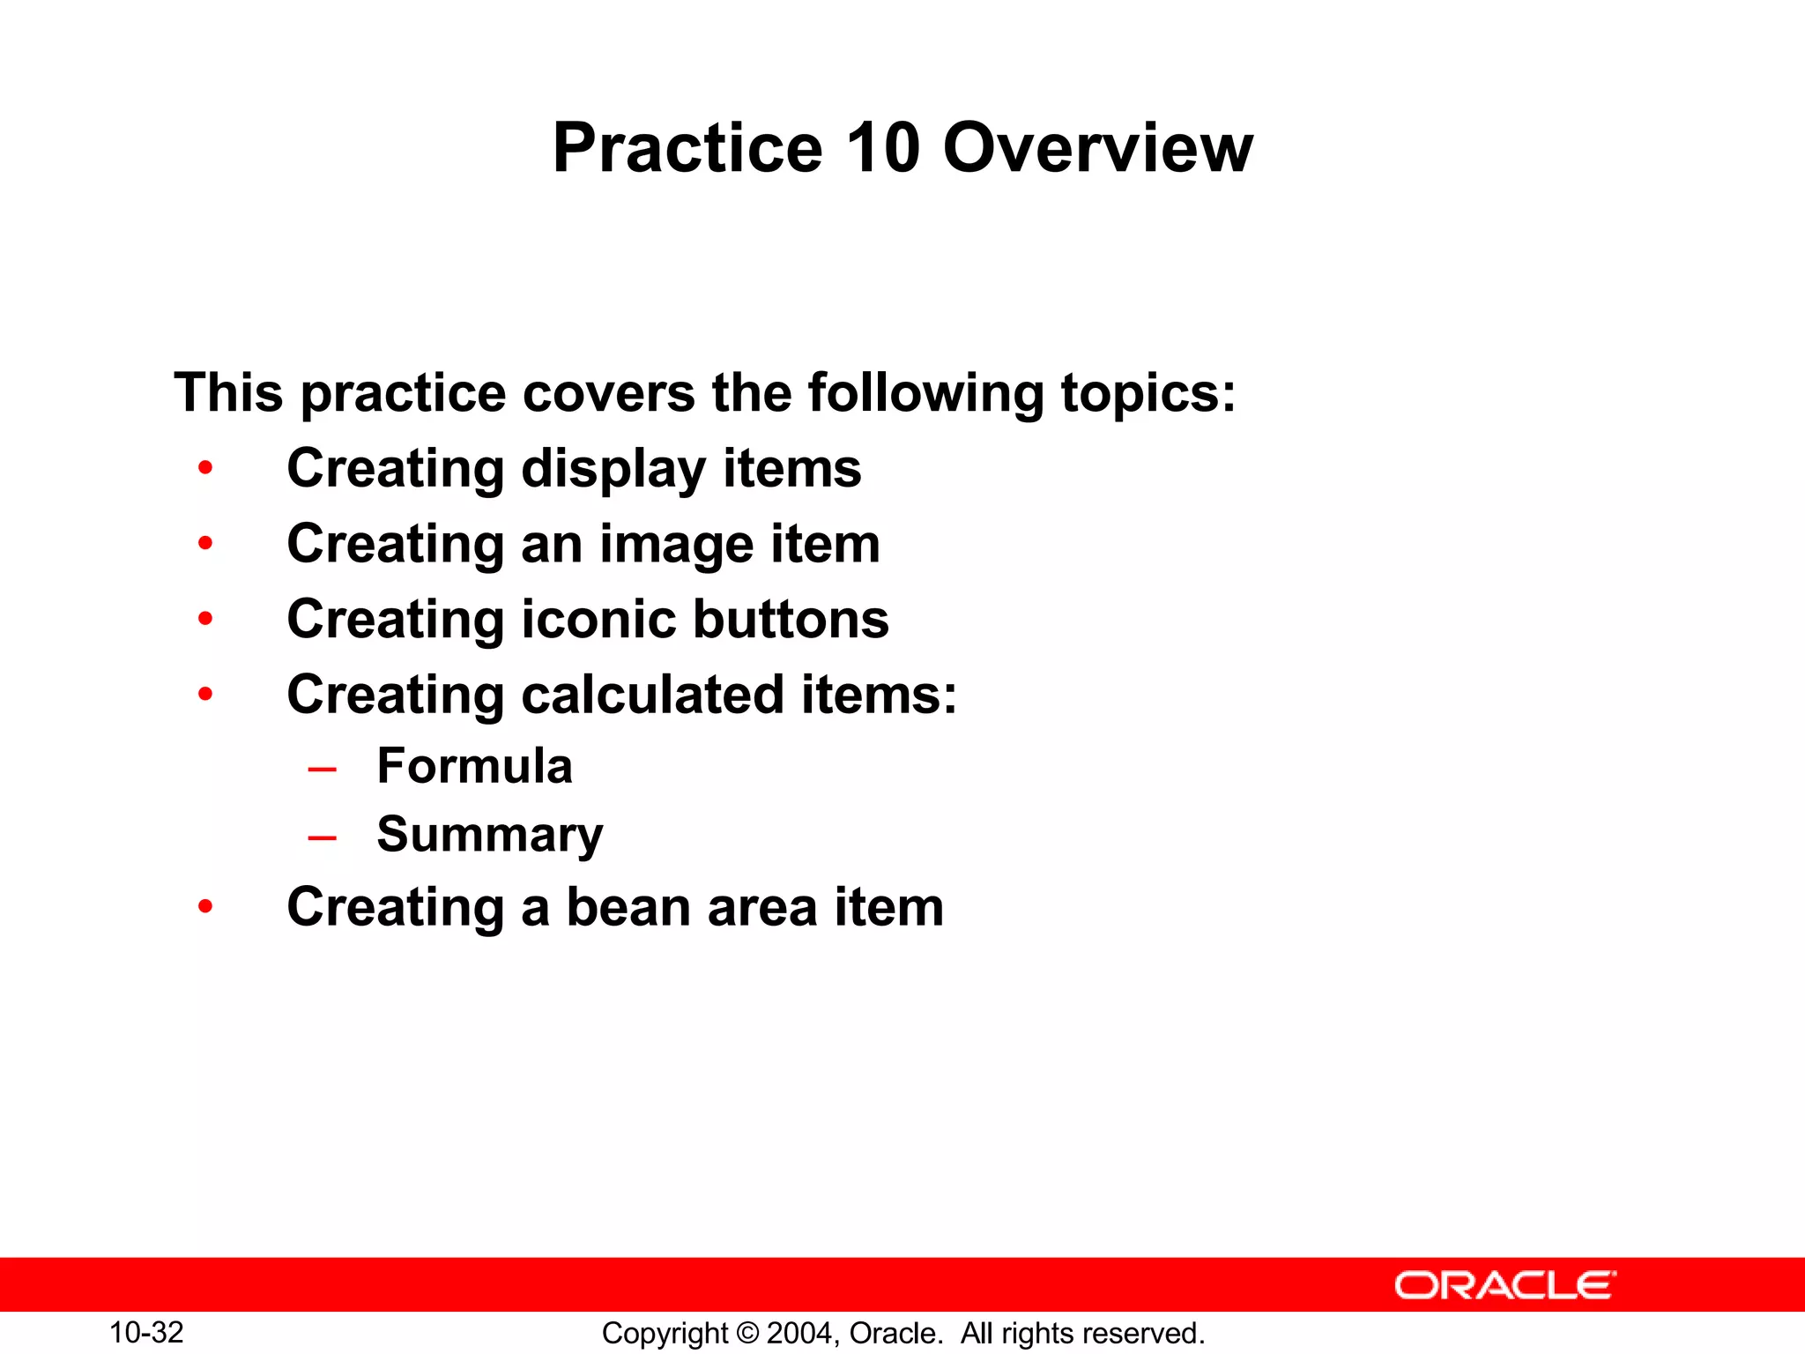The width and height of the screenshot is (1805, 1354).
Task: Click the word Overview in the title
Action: (1097, 148)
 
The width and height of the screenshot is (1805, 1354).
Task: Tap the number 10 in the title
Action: (882, 148)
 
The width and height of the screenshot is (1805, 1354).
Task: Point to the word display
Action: (613, 469)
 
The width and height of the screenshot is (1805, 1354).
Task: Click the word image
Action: (677, 545)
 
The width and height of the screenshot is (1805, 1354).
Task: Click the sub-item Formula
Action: (474, 765)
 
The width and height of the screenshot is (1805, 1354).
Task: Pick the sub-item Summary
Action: (490, 835)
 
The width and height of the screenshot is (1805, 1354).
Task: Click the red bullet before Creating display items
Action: (205, 468)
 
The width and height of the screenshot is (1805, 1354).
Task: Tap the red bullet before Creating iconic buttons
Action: (205, 619)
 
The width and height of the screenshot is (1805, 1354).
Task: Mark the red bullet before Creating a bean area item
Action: (205, 906)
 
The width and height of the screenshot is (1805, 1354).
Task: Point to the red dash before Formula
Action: (322, 770)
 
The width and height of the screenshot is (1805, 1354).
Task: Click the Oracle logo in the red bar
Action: (1504, 1285)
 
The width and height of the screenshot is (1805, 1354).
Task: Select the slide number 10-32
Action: (146, 1332)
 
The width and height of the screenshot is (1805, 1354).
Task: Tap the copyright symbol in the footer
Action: (747, 1333)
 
